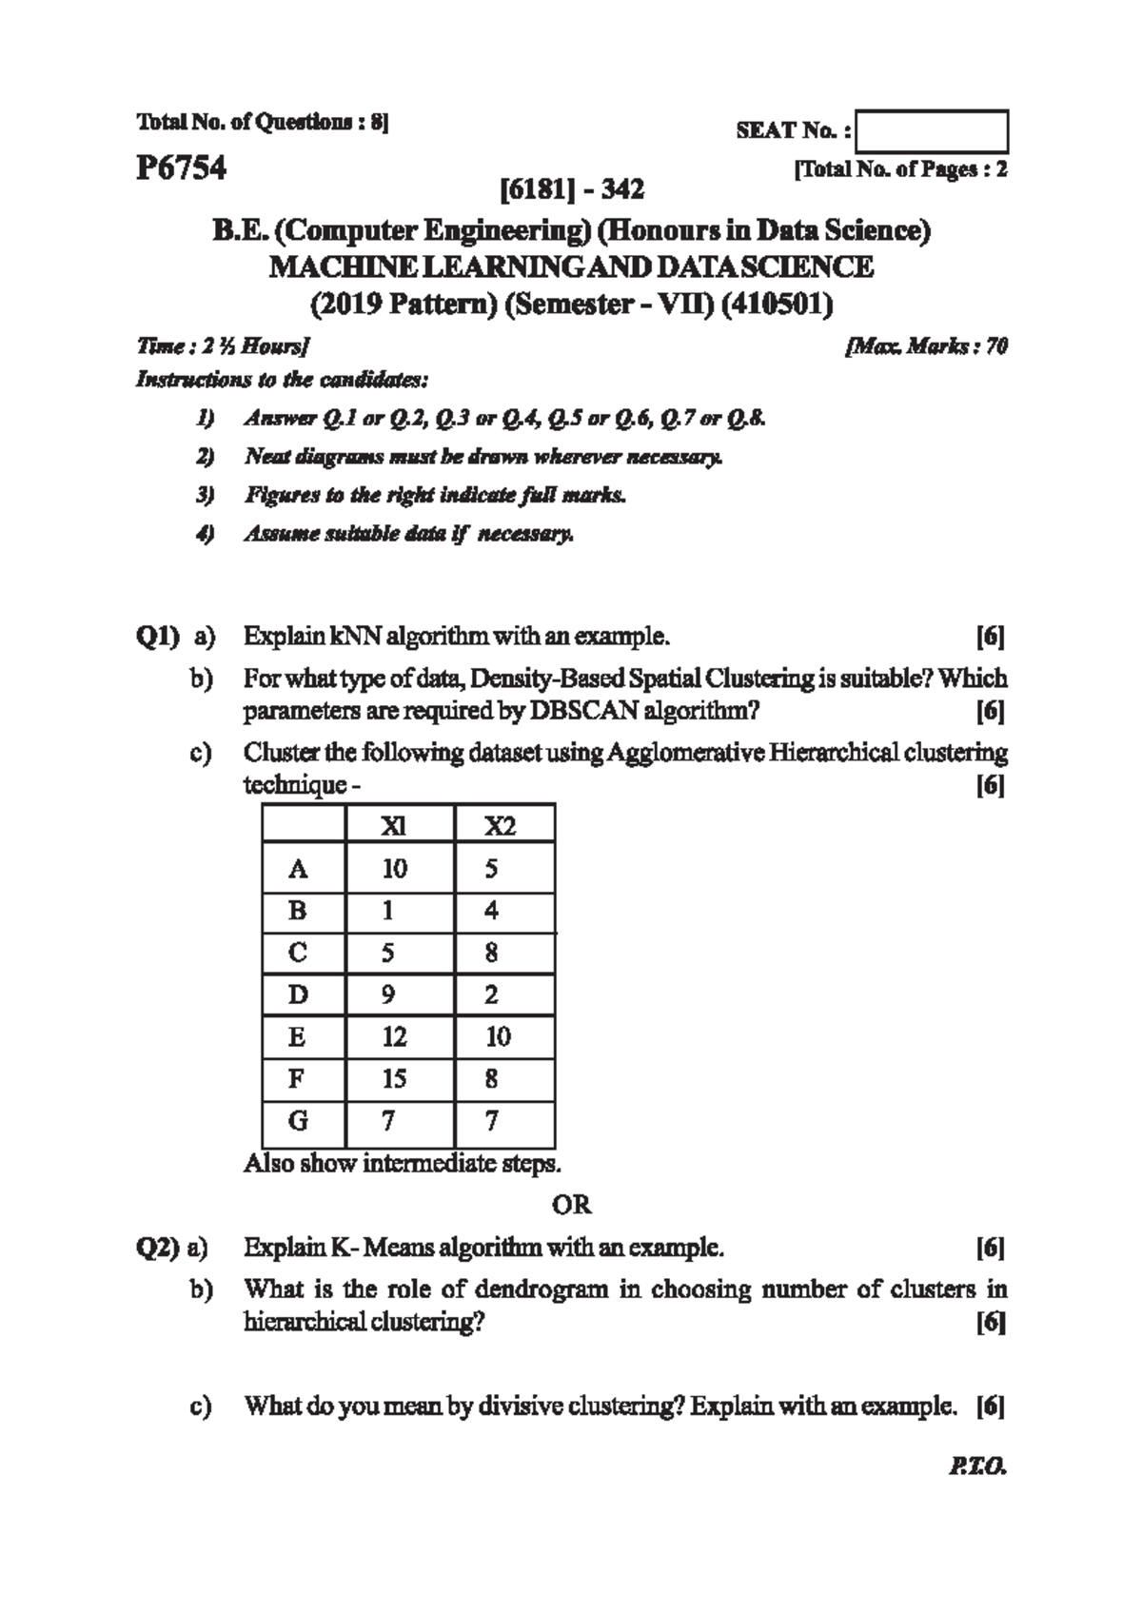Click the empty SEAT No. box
pos(932,131)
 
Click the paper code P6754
pos(181,168)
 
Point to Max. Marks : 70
pos(926,346)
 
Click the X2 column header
pos(500,826)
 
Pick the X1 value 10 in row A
pos(394,868)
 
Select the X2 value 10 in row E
pos(499,1036)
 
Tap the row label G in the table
pos(298,1120)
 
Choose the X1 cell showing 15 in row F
pos(394,1078)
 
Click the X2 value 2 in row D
pos(491,994)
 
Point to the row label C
pos(298,953)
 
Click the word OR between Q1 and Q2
pos(571,1205)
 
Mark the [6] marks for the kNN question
pos(991,636)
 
